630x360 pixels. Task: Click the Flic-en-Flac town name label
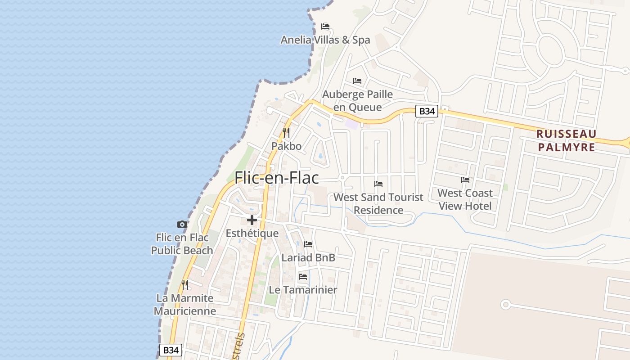(276, 178)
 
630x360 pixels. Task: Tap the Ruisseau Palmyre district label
(566, 140)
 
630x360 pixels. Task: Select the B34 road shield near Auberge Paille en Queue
(426, 111)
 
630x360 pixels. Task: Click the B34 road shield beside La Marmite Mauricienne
(171, 350)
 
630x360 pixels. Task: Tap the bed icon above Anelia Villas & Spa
(325, 27)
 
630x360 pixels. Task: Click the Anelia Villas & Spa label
(325, 40)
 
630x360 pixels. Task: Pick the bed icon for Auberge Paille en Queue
(357, 81)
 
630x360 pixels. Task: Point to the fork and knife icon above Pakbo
(286, 132)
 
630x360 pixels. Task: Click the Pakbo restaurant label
(286, 146)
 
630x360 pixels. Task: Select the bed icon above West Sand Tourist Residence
(378, 184)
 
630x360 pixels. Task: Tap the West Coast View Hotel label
(465, 199)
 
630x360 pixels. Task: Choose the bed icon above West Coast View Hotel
(465, 180)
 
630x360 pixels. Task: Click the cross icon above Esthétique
(252, 220)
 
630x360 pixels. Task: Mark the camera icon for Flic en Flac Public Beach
(182, 224)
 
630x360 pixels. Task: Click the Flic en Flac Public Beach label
(182, 243)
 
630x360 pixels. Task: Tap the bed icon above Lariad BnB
(308, 244)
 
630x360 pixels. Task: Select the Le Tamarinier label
(303, 289)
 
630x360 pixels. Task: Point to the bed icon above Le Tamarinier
(303, 276)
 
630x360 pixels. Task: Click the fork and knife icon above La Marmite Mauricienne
(184, 284)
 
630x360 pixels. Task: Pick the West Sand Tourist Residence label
(378, 203)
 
